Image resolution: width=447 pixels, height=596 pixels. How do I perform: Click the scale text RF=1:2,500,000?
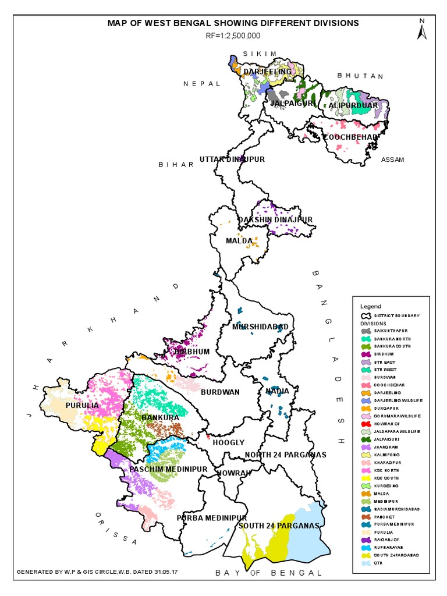point(233,36)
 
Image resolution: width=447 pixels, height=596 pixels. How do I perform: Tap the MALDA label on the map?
point(239,241)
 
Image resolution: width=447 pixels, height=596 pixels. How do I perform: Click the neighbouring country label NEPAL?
point(202,84)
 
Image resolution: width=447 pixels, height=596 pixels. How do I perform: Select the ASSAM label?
point(392,160)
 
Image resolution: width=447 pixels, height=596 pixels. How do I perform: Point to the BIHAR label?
point(176,165)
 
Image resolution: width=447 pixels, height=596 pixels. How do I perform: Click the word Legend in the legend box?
point(370,306)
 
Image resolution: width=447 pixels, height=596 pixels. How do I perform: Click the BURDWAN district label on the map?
point(220,393)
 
